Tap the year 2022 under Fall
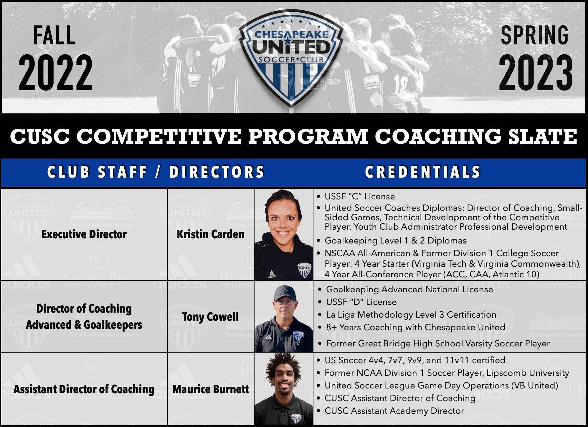point(56,73)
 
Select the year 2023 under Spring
point(536,73)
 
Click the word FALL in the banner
point(54,35)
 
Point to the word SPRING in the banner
point(535,35)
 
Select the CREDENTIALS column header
point(423,172)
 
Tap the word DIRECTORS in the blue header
point(217,172)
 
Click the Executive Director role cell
point(84,234)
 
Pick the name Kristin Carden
point(211,234)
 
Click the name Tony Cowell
point(210,317)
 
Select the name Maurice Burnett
point(211,389)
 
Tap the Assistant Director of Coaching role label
point(84,389)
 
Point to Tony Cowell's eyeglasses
point(285,302)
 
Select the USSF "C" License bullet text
point(360,196)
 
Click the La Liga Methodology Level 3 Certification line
point(411,315)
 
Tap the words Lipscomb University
point(528,373)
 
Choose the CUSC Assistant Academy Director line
point(394,411)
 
